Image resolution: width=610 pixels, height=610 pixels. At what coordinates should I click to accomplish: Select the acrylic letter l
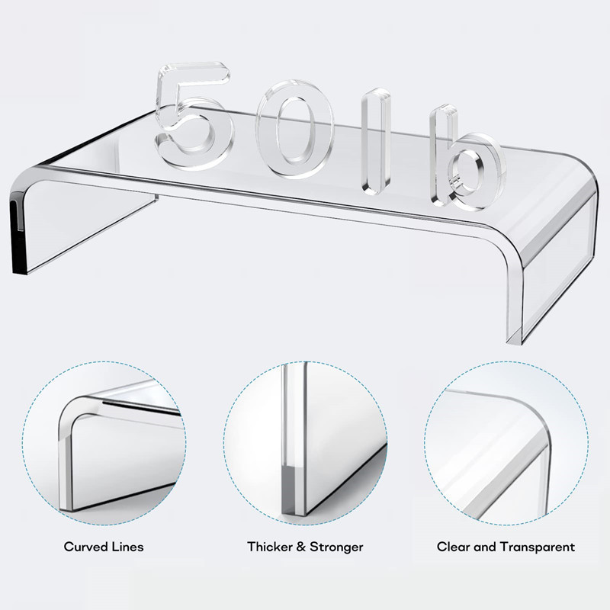click(375, 141)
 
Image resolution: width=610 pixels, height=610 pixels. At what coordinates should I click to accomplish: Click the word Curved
click(85, 547)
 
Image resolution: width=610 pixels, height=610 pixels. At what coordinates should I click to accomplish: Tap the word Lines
click(128, 547)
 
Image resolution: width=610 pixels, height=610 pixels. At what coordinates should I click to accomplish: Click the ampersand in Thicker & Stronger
click(300, 547)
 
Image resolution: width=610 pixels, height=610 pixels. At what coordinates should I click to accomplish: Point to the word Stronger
click(336, 547)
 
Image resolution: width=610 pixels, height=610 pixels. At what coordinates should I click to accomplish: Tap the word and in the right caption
click(485, 547)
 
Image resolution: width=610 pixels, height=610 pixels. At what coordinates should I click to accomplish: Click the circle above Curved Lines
click(23, 443)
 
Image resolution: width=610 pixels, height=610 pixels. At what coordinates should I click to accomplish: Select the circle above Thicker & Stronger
click(223, 443)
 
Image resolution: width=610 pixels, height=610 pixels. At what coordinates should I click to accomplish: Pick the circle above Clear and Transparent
click(425, 443)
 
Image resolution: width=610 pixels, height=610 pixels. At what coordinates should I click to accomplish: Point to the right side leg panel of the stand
click(558, 268)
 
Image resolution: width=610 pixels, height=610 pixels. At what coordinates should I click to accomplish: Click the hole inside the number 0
click(294, 130)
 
